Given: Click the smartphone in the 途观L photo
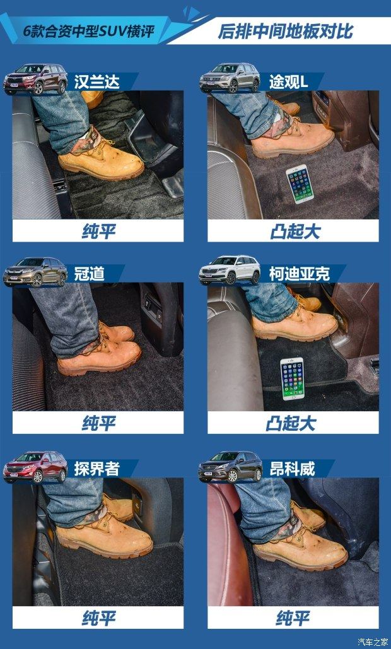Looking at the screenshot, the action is tap(300, 184).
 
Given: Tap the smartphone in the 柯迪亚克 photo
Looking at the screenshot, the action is tap(293, 378).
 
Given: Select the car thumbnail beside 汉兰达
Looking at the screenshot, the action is tap(35, 79).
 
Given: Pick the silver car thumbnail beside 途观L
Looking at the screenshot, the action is tap(230, 78).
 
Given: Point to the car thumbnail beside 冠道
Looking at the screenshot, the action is tap(35, 271).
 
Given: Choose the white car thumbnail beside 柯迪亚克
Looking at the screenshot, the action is tap(230, 271).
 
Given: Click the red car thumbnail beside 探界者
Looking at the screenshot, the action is tap(35, 467).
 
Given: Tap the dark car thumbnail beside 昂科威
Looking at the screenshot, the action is tap(230, 467).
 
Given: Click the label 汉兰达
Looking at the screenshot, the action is tap(97, 82).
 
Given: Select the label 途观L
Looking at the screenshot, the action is tap(289, 82).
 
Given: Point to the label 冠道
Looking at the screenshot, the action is tap(89, 274).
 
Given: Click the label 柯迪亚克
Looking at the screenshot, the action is tap(300, 274).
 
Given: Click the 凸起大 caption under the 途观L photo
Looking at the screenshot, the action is tap(295, 231).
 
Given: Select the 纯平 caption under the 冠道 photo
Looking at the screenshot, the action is tap(98, 423).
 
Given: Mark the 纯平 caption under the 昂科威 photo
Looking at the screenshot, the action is tap(293, 618).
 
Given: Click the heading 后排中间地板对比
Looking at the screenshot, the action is tap(286, 32).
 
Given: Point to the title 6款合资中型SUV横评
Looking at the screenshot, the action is tap(88, 32).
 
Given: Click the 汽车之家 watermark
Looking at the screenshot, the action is tap(372, 642).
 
